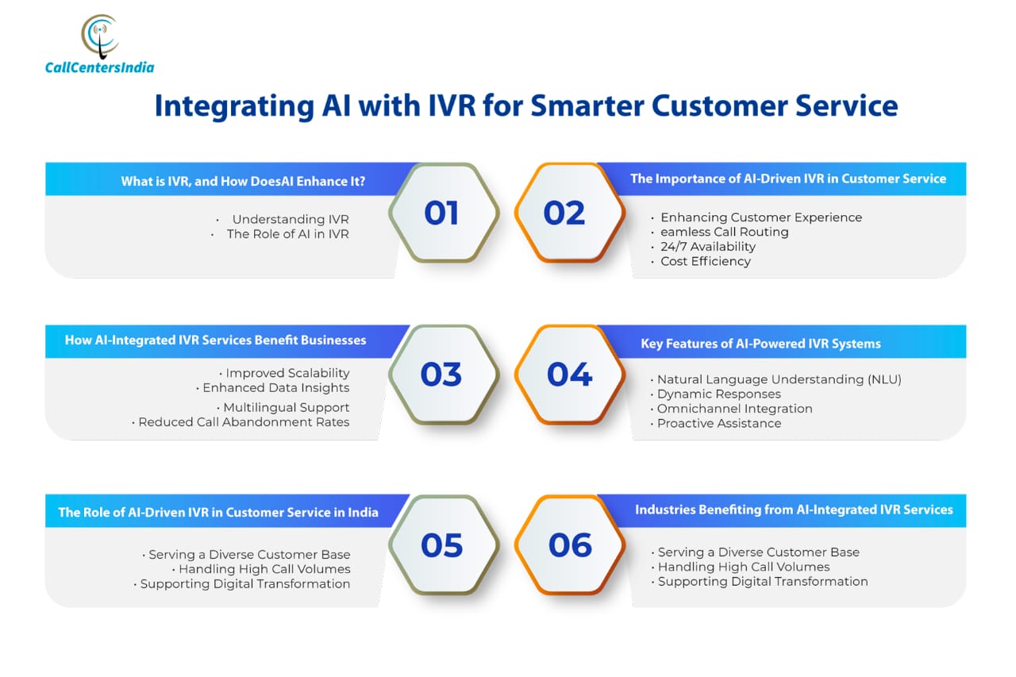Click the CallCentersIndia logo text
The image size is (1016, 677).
(x=100, y=67)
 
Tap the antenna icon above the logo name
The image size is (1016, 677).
(x=100, y=37)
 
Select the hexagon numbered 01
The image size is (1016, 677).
(x=444, y=213)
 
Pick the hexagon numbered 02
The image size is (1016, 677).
(x=570, y=213)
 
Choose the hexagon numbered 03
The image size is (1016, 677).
(x=444, y=375)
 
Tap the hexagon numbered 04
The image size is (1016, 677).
(x=570, y=375)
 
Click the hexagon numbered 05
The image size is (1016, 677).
(x=444, y=544)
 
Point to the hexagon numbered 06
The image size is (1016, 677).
(x=570, y=544)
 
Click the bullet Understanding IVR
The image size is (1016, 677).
(x=291, y=220)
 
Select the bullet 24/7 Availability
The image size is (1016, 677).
(x=707, y=247)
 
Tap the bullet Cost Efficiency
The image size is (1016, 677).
(x=706, y=261)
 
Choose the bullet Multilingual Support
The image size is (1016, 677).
(x=287, y=408)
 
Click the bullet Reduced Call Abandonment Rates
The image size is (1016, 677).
(x=244, y=422)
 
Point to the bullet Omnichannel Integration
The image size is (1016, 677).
(x=735, y=409)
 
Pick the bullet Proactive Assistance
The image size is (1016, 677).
(x=719, y=424)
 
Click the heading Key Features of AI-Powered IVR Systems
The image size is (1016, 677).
(x=760, y=344)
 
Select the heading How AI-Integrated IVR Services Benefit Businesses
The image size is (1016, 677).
(x=215, y=340)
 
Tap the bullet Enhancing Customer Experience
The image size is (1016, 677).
(x=761, y=217)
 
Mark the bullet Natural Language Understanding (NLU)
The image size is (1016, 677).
(x=779, y=379)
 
